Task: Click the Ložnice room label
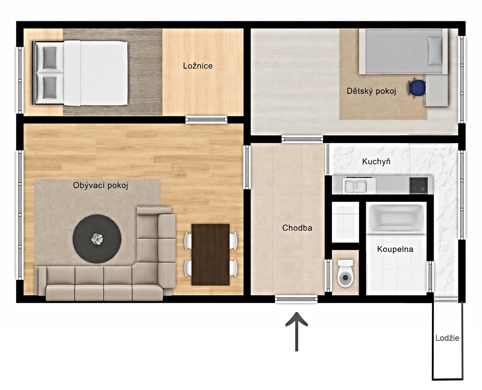tap(198, 66)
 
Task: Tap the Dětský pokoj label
tap(371, 91)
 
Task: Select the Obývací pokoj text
tap(100, 185)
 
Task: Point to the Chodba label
tap(297, 228)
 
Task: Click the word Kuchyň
tap(376, 161)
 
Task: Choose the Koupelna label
tap(395, 249)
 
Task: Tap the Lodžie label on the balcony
tap(447, 338)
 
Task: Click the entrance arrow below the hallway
tap(296, 332)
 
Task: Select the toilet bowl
tap(345, 274)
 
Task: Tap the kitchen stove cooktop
tap(418, 186)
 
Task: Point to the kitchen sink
tap(355, 186)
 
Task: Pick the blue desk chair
tap(417, 87)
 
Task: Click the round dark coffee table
tap(97, 239)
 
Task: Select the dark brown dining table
tap(210, 255)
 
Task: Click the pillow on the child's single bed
tap(435, 51)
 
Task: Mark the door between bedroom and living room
tap(206, 119)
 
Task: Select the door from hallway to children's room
tap(302, 139)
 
